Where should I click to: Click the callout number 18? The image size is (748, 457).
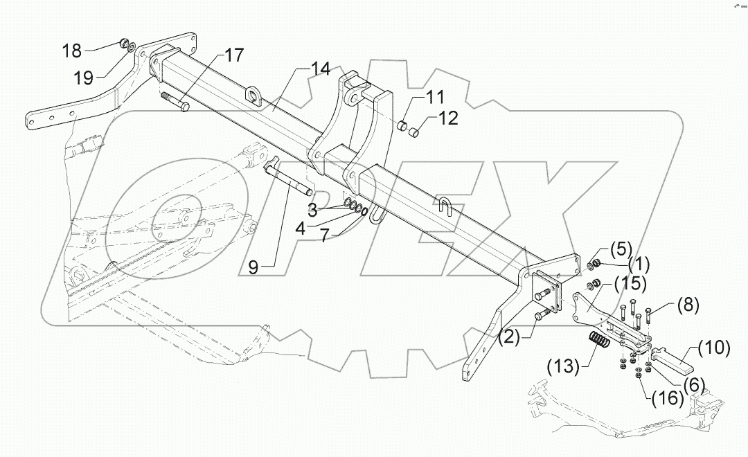click(x=71, y=51)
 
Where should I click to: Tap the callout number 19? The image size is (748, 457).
click(x=84, y=78)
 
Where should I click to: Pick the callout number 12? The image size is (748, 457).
click(x=447, y=118)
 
